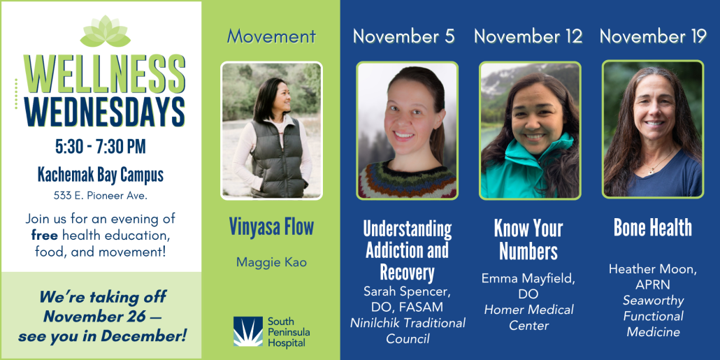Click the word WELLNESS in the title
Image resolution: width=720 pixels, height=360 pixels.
105,74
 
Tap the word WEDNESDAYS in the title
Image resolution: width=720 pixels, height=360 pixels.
105,113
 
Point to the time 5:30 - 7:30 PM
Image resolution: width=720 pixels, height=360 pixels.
101,147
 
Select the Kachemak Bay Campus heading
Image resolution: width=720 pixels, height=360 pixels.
101,175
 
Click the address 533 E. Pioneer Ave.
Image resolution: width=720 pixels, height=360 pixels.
101,195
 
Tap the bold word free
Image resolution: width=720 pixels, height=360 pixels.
45,236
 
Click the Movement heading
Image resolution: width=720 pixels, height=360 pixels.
271,36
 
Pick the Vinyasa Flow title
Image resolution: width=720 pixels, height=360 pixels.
271,227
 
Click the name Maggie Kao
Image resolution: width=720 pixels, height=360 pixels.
271,262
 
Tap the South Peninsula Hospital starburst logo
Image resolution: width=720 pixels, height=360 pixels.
248,331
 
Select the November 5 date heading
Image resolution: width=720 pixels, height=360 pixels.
404,36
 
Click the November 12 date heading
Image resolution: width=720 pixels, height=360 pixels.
528,36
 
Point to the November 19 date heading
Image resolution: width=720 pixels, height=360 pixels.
653,36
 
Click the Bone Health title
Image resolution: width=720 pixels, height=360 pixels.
653,227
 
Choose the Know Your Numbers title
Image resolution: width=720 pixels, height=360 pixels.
528,239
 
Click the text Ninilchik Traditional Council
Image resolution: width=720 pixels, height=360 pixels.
408,331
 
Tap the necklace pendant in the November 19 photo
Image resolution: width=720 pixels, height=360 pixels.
651,171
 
